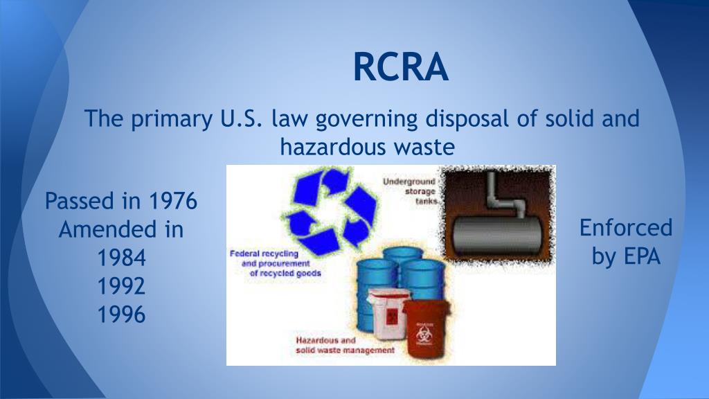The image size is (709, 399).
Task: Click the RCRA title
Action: pos(400,68)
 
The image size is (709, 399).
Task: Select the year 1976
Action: pos(173,202)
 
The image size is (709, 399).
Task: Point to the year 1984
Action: pos(121,258)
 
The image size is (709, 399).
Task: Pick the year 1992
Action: pos(121,287)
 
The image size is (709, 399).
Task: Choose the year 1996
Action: pos(121,315)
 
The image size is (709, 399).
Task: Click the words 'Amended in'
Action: pos(121,230)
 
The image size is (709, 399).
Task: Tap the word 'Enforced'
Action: pos(625,227)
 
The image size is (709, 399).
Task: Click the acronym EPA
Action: pos(642,256)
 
